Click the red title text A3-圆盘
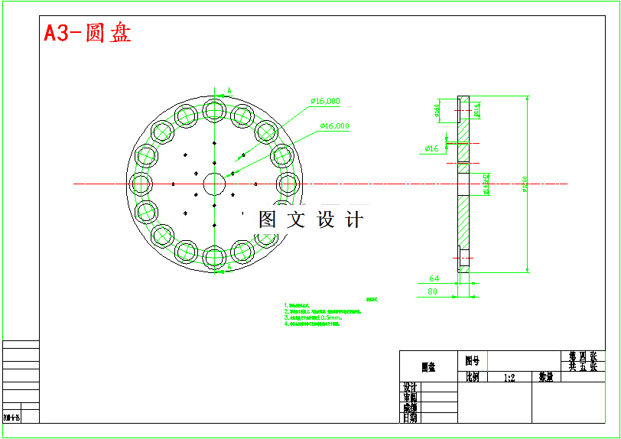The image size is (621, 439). (87, 34)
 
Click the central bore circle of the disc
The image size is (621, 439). (215, 184)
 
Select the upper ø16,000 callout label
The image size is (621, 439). (325, 101)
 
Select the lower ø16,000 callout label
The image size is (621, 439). (334, 125)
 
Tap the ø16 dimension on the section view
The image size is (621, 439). (432, 148)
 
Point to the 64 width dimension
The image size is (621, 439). (434, 278)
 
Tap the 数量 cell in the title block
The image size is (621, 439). (545, 377)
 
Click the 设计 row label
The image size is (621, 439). (410, 388)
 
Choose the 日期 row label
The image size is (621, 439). (410, 418)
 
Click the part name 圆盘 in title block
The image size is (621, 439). (428, 368)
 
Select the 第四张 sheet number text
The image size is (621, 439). (582, 356)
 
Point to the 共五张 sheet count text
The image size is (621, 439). (582, 366)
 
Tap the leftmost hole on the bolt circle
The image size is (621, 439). (141, 184)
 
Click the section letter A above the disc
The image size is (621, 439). (229, 91)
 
